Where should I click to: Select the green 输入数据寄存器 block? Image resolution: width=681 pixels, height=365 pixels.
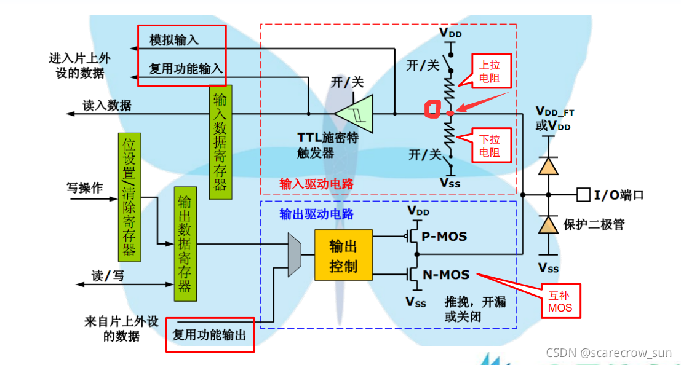coord(220,142)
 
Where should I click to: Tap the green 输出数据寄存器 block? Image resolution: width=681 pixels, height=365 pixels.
coord(184,243)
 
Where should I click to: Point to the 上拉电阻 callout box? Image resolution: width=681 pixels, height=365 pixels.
coord(490,71)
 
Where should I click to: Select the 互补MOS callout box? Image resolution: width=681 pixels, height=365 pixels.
coord(560,301)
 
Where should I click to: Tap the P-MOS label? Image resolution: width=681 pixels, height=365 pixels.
coord(444,236)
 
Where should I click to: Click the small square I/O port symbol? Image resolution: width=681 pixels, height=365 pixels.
coord(582,195)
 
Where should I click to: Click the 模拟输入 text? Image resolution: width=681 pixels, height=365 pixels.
coord(174,41)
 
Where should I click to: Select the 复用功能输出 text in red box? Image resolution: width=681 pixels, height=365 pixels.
coord(209,336)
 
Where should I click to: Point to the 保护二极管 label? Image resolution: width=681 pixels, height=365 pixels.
coord(594,224)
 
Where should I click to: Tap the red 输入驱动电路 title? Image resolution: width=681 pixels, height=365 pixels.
coord(316,184)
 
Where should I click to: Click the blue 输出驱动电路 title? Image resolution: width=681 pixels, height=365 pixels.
coord(316,214)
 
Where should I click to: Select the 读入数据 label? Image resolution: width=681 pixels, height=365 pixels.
coord(107,105)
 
